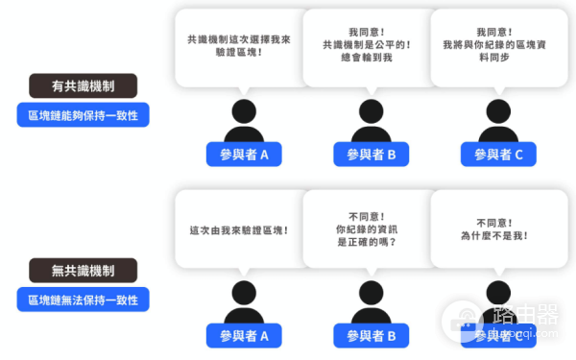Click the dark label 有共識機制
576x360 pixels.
coord(83,86)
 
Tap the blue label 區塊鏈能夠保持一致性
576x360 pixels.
coord(83,116)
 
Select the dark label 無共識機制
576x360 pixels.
coord(83,270)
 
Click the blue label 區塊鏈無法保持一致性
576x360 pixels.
coord(83,300)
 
